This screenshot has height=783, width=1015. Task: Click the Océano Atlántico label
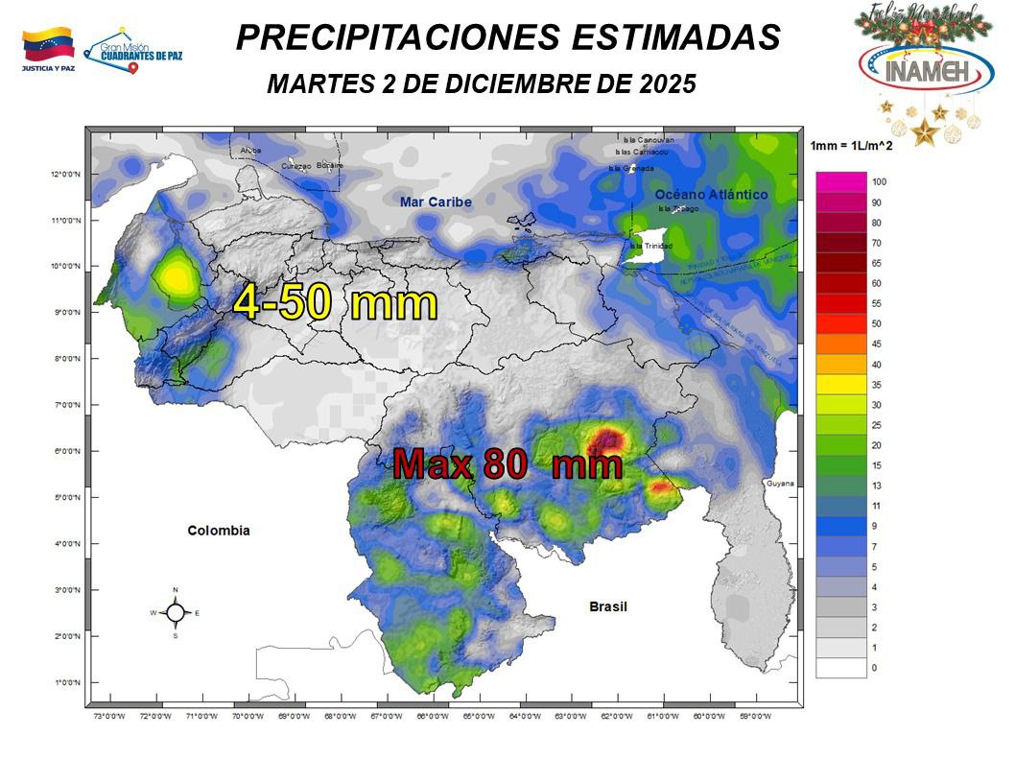point(712,195)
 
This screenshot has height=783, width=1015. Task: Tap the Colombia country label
point(219,531)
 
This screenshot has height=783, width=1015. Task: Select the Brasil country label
point(607,606)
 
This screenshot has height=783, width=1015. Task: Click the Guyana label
point(780,484)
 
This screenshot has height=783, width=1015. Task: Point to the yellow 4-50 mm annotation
point(335,302)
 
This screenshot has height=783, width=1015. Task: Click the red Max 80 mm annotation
point(507,465)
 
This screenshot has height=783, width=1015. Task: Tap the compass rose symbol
point(175,612)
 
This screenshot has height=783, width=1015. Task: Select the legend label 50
point(877,323)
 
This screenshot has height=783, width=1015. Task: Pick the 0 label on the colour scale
point(874,668)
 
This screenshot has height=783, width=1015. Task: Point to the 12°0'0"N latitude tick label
point(64,175)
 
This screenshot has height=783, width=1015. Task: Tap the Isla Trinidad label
point(645,246)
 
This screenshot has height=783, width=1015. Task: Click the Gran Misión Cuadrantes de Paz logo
point(134,50)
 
